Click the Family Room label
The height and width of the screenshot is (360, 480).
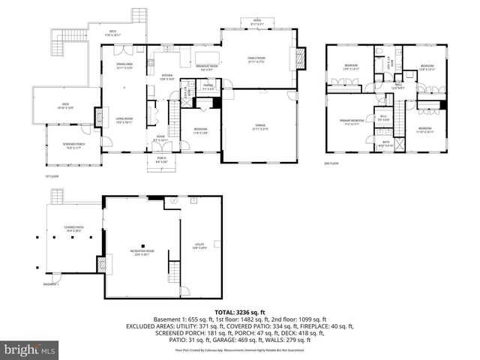pyautogui.click(x=258, y=59)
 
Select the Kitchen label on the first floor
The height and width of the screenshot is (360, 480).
pyautogui.click(x=168, y=76)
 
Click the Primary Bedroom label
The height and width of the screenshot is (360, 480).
pyautogui.click(x=352, y=121)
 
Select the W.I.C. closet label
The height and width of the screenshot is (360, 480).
pyautogui.click(x=382, y=116)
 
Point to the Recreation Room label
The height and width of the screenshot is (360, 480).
pyautogui.click(x=142, y=252)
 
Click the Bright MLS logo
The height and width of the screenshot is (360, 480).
pyautogui.click(x=29, y=349)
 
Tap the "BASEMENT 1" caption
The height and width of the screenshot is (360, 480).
pyautogui.click(x=50, y=285)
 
